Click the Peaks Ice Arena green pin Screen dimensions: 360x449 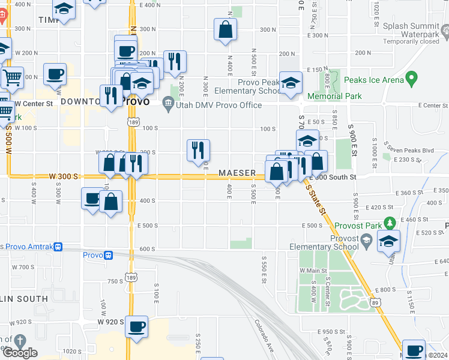point(411,78)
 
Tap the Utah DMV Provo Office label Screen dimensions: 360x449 point(220,106)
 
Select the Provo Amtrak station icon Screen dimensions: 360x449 point(58,247)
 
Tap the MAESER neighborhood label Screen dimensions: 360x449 point(238,173)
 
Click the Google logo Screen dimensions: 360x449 point(19,353)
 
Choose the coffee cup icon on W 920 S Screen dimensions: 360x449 point(137,326)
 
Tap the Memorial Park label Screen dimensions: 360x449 point(334,96)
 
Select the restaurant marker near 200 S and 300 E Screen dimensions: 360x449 point(198,151)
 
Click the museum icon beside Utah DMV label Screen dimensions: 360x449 point(169,106)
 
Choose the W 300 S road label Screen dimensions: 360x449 point(64,176)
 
